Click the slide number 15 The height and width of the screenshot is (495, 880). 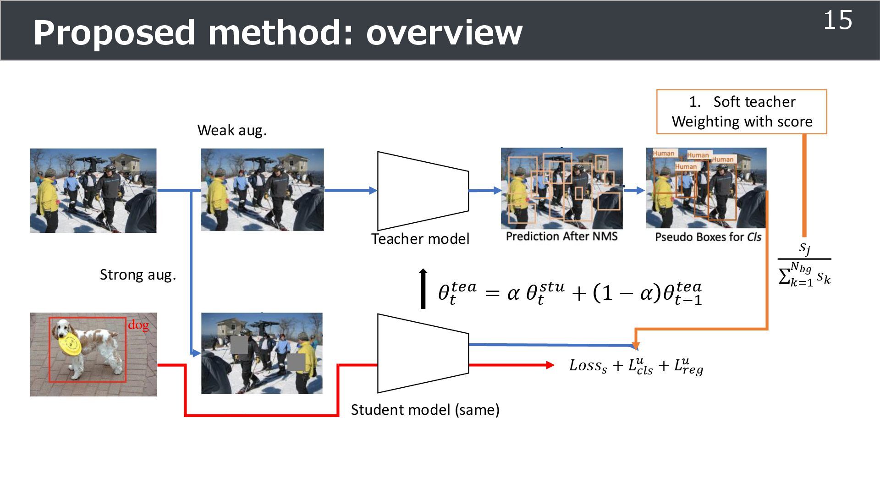(x=837, y=21)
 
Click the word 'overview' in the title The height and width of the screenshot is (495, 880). (x=444, y=33)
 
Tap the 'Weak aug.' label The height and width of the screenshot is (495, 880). (x=232, y=131)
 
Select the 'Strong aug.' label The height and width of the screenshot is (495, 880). (x=138, y=275)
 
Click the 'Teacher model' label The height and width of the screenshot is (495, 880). (x=420, y=239)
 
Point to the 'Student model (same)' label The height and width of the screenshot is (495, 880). (x=425, y=410)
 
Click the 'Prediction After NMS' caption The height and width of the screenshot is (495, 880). (x=561, y=236)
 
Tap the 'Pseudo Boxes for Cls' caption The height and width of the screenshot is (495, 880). (x=708, y=237)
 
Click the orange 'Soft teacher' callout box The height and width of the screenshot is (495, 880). (x=742, y=112)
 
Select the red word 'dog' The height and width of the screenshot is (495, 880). (x=138, y=325)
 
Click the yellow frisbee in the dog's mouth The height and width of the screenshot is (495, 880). (x=70, y=344)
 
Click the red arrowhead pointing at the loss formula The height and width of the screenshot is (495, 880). (x=550, y=365)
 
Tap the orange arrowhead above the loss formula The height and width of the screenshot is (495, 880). (x=636, y=346)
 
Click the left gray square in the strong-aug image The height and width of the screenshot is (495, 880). (x=239, y=345)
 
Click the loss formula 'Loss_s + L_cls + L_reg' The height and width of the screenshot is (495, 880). (x=636, y=367)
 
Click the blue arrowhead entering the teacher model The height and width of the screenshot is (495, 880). (x=373, y=191)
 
